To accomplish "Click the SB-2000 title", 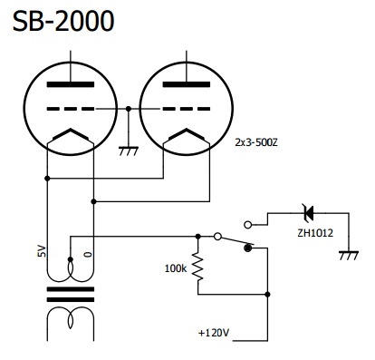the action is coord(63,21).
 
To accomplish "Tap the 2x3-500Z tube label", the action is coord(256,142).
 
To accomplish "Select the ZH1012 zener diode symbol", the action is coord(308,213).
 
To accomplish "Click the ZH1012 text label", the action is coord(315,233).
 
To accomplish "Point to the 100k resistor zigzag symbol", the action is coord(198,267).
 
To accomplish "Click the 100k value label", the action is coord(176,268).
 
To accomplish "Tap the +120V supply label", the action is coord(214,333).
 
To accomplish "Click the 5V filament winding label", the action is coord(43,251).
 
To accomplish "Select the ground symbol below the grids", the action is coord(129,151).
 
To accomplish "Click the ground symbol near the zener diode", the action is coord(349,255).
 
